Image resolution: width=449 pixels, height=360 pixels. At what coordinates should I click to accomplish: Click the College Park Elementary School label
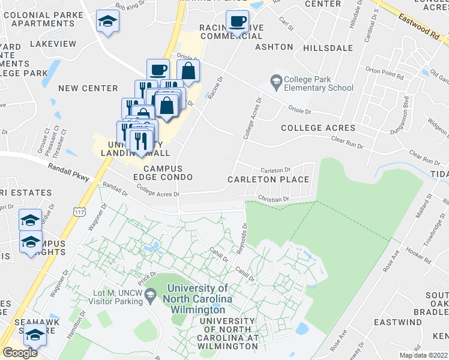click(x=319, y=83)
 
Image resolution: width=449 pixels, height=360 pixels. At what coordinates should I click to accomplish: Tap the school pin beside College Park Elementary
click(x=276, y=81)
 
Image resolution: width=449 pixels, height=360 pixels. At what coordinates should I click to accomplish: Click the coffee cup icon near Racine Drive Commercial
click(x=237, y=22)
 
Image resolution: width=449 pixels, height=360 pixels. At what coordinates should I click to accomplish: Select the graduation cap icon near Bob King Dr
click(x=108, y=22)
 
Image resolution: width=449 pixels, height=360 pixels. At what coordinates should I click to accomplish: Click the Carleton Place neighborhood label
click(x=268, y=179)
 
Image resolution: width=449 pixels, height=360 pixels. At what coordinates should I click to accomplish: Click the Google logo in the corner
click(x=20, y=352)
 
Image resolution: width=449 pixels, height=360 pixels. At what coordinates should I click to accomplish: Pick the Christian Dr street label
click(x=274, y=199)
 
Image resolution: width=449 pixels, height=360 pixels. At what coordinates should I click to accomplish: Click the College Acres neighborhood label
click(x=318, y=128)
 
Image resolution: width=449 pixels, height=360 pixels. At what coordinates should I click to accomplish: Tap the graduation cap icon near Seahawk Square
click(x=35, y=335)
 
